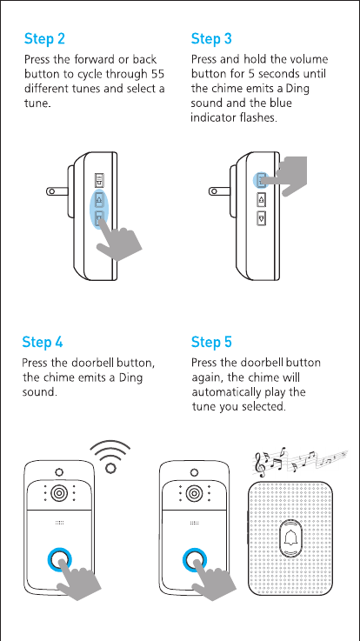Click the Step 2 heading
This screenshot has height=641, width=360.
pyautogui.click(x=44, y=39)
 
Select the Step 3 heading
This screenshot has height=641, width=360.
pyautogui.click(x=211, y=39)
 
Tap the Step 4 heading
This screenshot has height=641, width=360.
pyautogui.click(x=43, y=342)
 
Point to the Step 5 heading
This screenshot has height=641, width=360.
pyautogui.click(x=211, y=342)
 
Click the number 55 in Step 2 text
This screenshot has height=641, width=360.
pyautogui.click(x=157, y=75)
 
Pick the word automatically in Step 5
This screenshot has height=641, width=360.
pyautogui.click(x=225, y=392)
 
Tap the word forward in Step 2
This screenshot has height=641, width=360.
pyautogui.click(x=95, y=60)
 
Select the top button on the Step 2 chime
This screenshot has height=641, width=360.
pyautogui.click(x=99, y=180)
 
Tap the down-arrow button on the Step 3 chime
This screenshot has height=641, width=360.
pyautogui.click(x=261, y=218)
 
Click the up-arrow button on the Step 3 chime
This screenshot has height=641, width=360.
pyautogui.click(x=261, y=199)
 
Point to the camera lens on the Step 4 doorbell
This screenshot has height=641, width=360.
pyautogui.click(x=59, y=494)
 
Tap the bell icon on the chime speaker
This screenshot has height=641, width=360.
pyautogui.click(x=292, y=538)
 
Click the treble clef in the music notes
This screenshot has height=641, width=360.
pyautogui.click(x=261, y=464)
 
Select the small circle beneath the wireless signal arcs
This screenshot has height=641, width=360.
pyautogui.click(x=110, y=468)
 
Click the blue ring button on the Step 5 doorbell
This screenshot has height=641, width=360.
pyautogui.click(x=195, y=559)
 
